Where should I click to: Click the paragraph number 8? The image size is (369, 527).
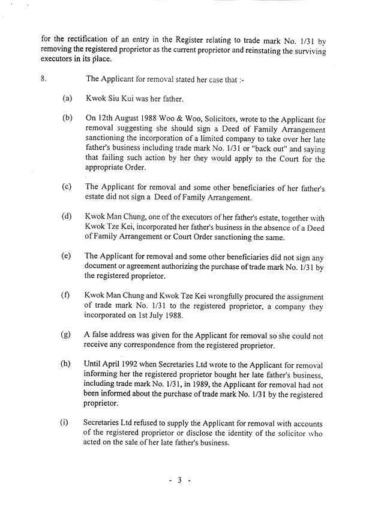click(x=43, y=79)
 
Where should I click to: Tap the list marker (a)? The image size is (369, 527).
click(x=67, y=97)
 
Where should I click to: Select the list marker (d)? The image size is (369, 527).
click(x=67, y=216)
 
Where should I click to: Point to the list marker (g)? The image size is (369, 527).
click(x=67, y=335)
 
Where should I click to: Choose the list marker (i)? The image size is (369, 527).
click(x=65, y=422)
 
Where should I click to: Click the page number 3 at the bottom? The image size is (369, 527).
click(x=179, y=481)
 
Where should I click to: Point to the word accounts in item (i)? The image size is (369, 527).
click(x=309, y=422)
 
